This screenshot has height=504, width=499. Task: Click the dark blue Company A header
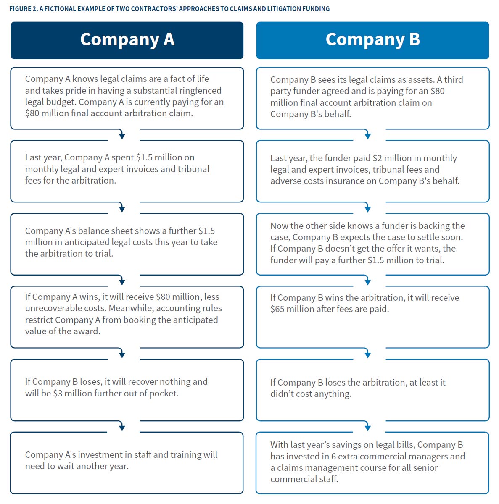[x=127, y=40]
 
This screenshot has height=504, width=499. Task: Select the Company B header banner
[x=372, y=40]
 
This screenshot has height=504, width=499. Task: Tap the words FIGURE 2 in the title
[x=23, y=8]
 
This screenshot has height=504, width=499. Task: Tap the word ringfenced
[x=200, y=90]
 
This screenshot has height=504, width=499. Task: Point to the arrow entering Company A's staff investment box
[x=122, y=427]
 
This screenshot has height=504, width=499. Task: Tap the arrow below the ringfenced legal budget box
[x=122, y=135]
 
